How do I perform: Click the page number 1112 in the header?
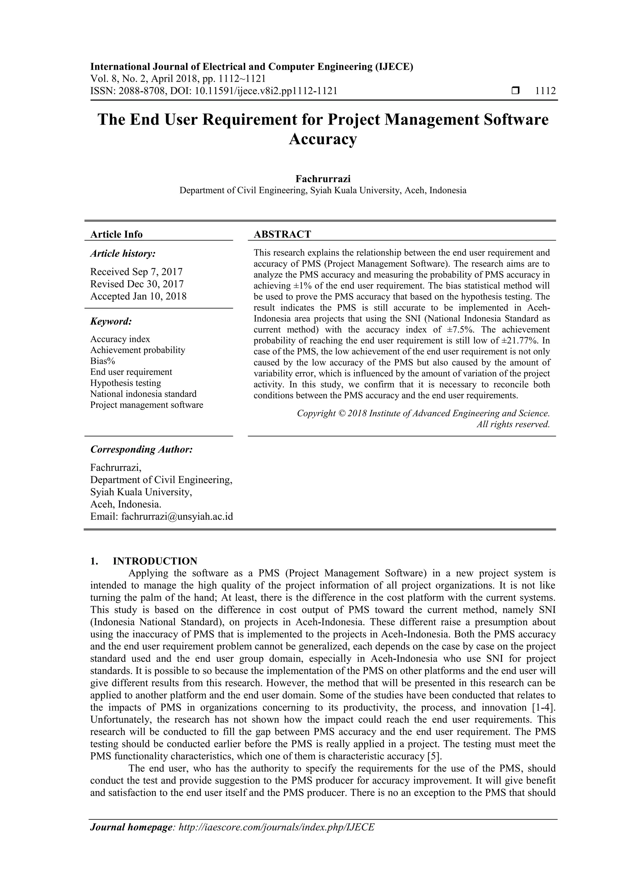[545, 91]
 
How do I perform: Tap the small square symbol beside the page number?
[515, 91]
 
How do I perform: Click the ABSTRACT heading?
[282, 234]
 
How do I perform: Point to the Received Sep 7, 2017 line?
[136, 272]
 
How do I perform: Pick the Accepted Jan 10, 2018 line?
[138, 296]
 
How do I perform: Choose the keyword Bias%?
[103, 361]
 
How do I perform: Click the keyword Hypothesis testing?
[126, 383]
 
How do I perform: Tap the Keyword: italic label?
[111, 322]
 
